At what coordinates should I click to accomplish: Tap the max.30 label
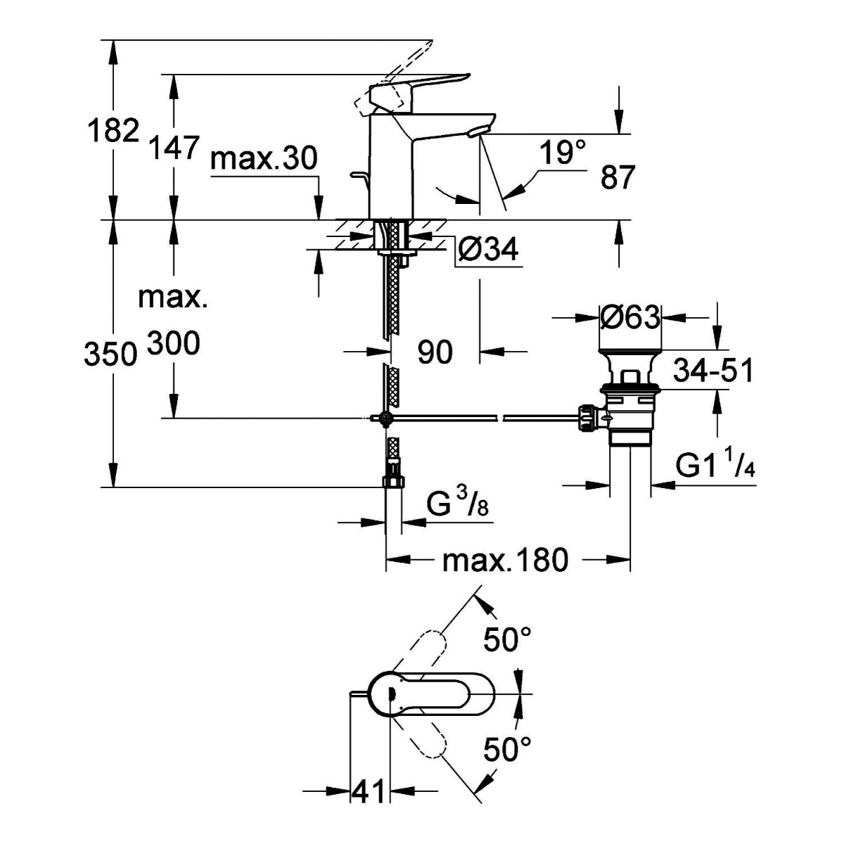264,159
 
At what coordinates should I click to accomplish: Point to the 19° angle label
563,152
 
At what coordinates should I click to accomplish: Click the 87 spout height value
618,177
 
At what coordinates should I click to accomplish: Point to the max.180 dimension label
504,561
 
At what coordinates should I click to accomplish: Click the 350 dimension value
110,354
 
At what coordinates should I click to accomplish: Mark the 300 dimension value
174,344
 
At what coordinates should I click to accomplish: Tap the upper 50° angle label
507,639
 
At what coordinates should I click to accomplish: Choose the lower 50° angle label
507,750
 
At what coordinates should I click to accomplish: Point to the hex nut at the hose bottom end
392,482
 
